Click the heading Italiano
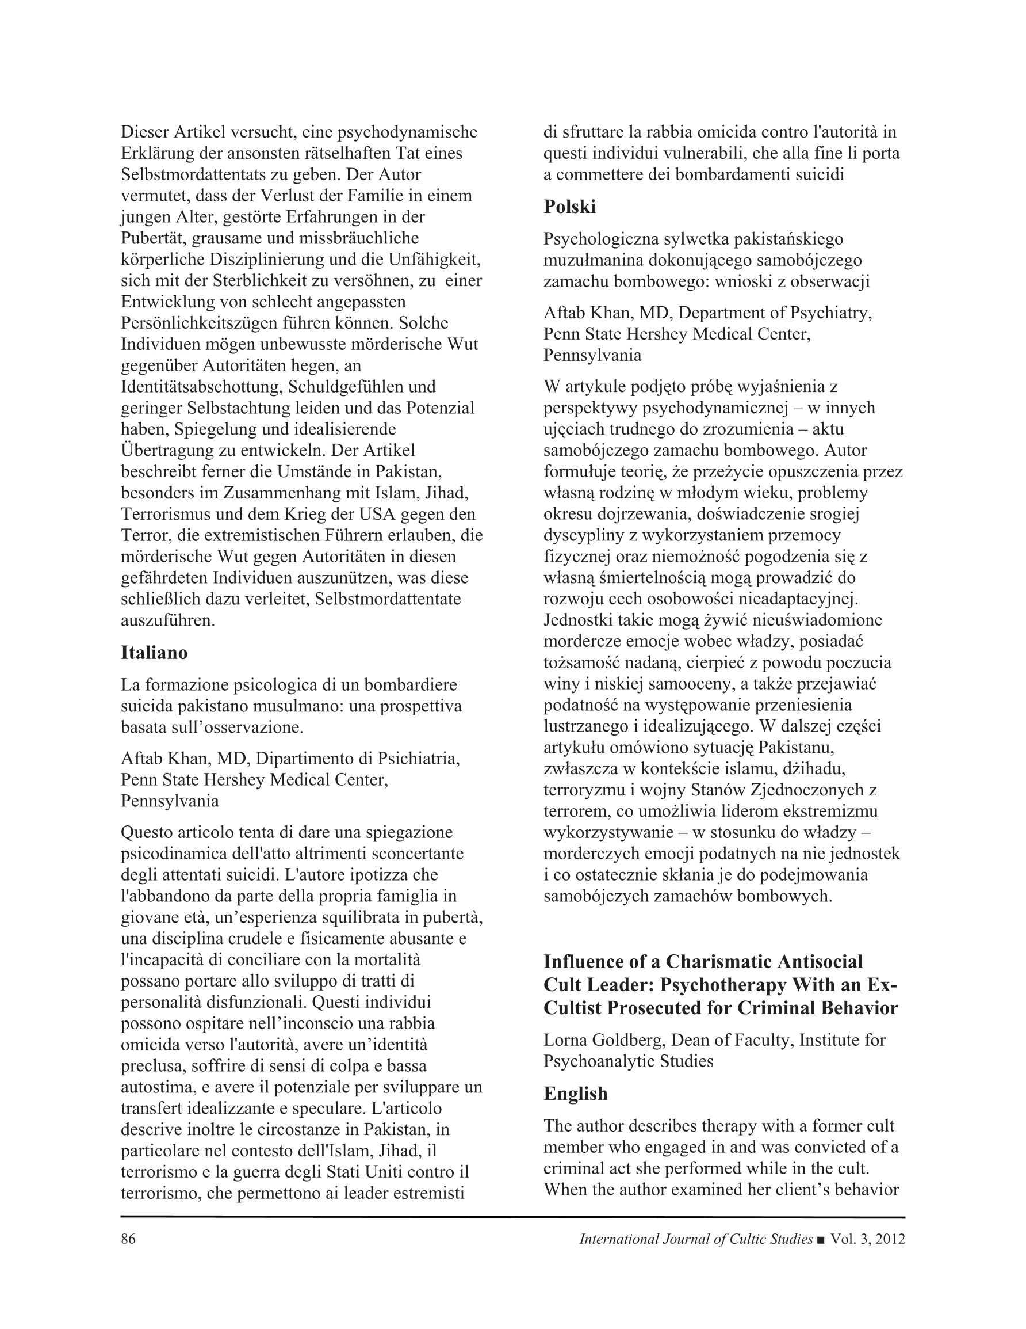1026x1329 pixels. (154, 653)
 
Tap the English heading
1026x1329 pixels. (575, 1094)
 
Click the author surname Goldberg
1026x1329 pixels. (626, 1040)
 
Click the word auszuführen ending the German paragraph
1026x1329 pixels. (168, 620)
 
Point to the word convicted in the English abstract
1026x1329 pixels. (841, 1147)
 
